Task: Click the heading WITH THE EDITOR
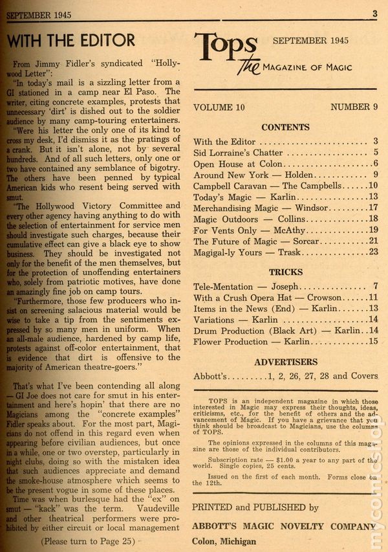[x=71, y=40]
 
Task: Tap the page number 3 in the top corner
[x=375, y=14]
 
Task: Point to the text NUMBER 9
[x=354, y=107]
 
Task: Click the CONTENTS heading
[x=285, y=127]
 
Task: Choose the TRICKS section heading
[x=285, y=272]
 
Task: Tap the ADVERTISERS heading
[x=285, y=362]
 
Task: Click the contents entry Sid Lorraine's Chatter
[x=238, y=153]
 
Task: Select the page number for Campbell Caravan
[x=372, y=186]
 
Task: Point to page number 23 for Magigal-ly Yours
[x=372, y=252]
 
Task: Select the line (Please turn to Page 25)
[x=97, y=539]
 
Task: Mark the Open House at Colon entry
[x=238, y=164]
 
